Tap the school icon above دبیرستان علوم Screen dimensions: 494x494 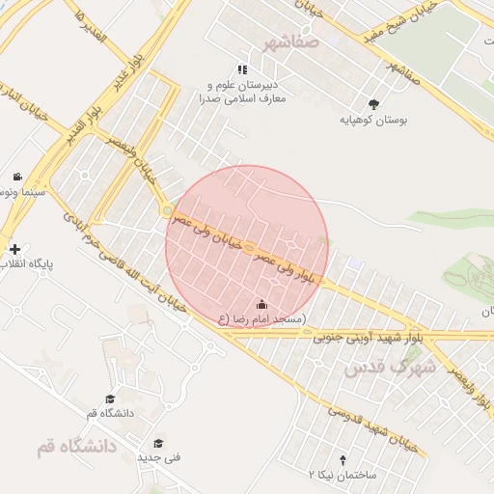(242, 69)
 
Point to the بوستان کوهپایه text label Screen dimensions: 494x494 (373, 122)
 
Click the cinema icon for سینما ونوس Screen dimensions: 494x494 (17, 177)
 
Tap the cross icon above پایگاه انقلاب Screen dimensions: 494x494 (14, 249)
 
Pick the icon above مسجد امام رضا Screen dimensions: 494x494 (261, 305)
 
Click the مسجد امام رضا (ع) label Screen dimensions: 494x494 (261, 319)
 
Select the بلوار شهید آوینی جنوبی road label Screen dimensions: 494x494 (368, 338)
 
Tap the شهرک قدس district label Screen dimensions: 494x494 (390, 368)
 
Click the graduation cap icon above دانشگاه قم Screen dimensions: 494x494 (110, 398)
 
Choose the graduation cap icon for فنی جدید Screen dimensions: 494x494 (158, 443)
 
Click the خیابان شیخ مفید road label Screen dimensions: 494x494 (399, 21)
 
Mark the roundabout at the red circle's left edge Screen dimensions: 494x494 (167, 210)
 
